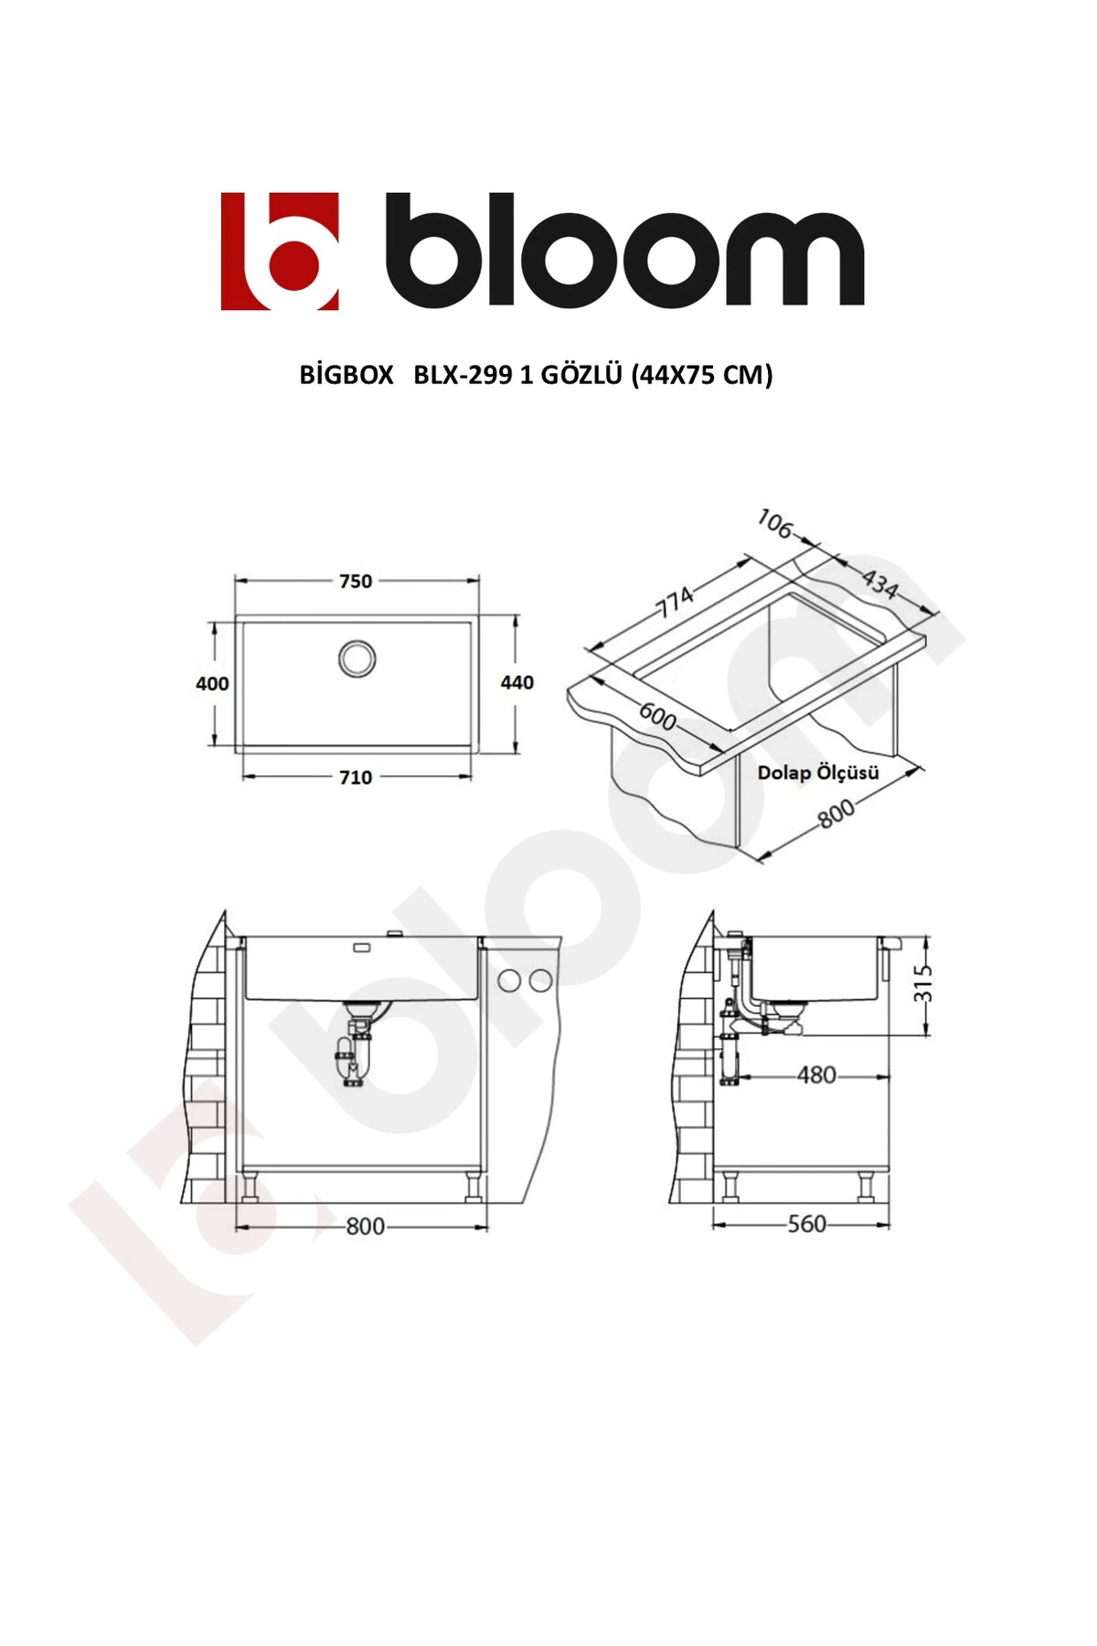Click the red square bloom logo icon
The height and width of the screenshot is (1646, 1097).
coord(280,251)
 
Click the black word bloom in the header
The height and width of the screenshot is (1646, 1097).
coord(624,251)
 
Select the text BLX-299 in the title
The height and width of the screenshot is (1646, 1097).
coord(463,375)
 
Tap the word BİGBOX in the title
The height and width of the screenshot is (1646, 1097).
coord(346,375)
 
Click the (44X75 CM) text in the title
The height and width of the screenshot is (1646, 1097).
coord(701,375)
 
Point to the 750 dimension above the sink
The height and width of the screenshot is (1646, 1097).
coord(356,582)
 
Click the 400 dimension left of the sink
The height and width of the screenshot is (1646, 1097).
coord(212,684)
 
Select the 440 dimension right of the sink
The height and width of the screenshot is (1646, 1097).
coord(517,683)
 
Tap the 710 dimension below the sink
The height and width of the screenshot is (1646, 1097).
coord(356,778)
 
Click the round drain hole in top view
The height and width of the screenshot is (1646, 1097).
coord(357,658)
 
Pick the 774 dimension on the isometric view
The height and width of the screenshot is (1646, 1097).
coord(675,602)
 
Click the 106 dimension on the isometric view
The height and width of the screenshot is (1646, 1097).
coord(774,524)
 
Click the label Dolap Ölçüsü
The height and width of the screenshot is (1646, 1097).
coord(817,773)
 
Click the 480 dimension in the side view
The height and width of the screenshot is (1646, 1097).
coord(816,1075)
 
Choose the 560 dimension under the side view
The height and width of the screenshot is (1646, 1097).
coord(806,1224)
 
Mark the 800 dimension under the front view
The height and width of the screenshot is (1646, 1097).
coord(365,1226)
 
